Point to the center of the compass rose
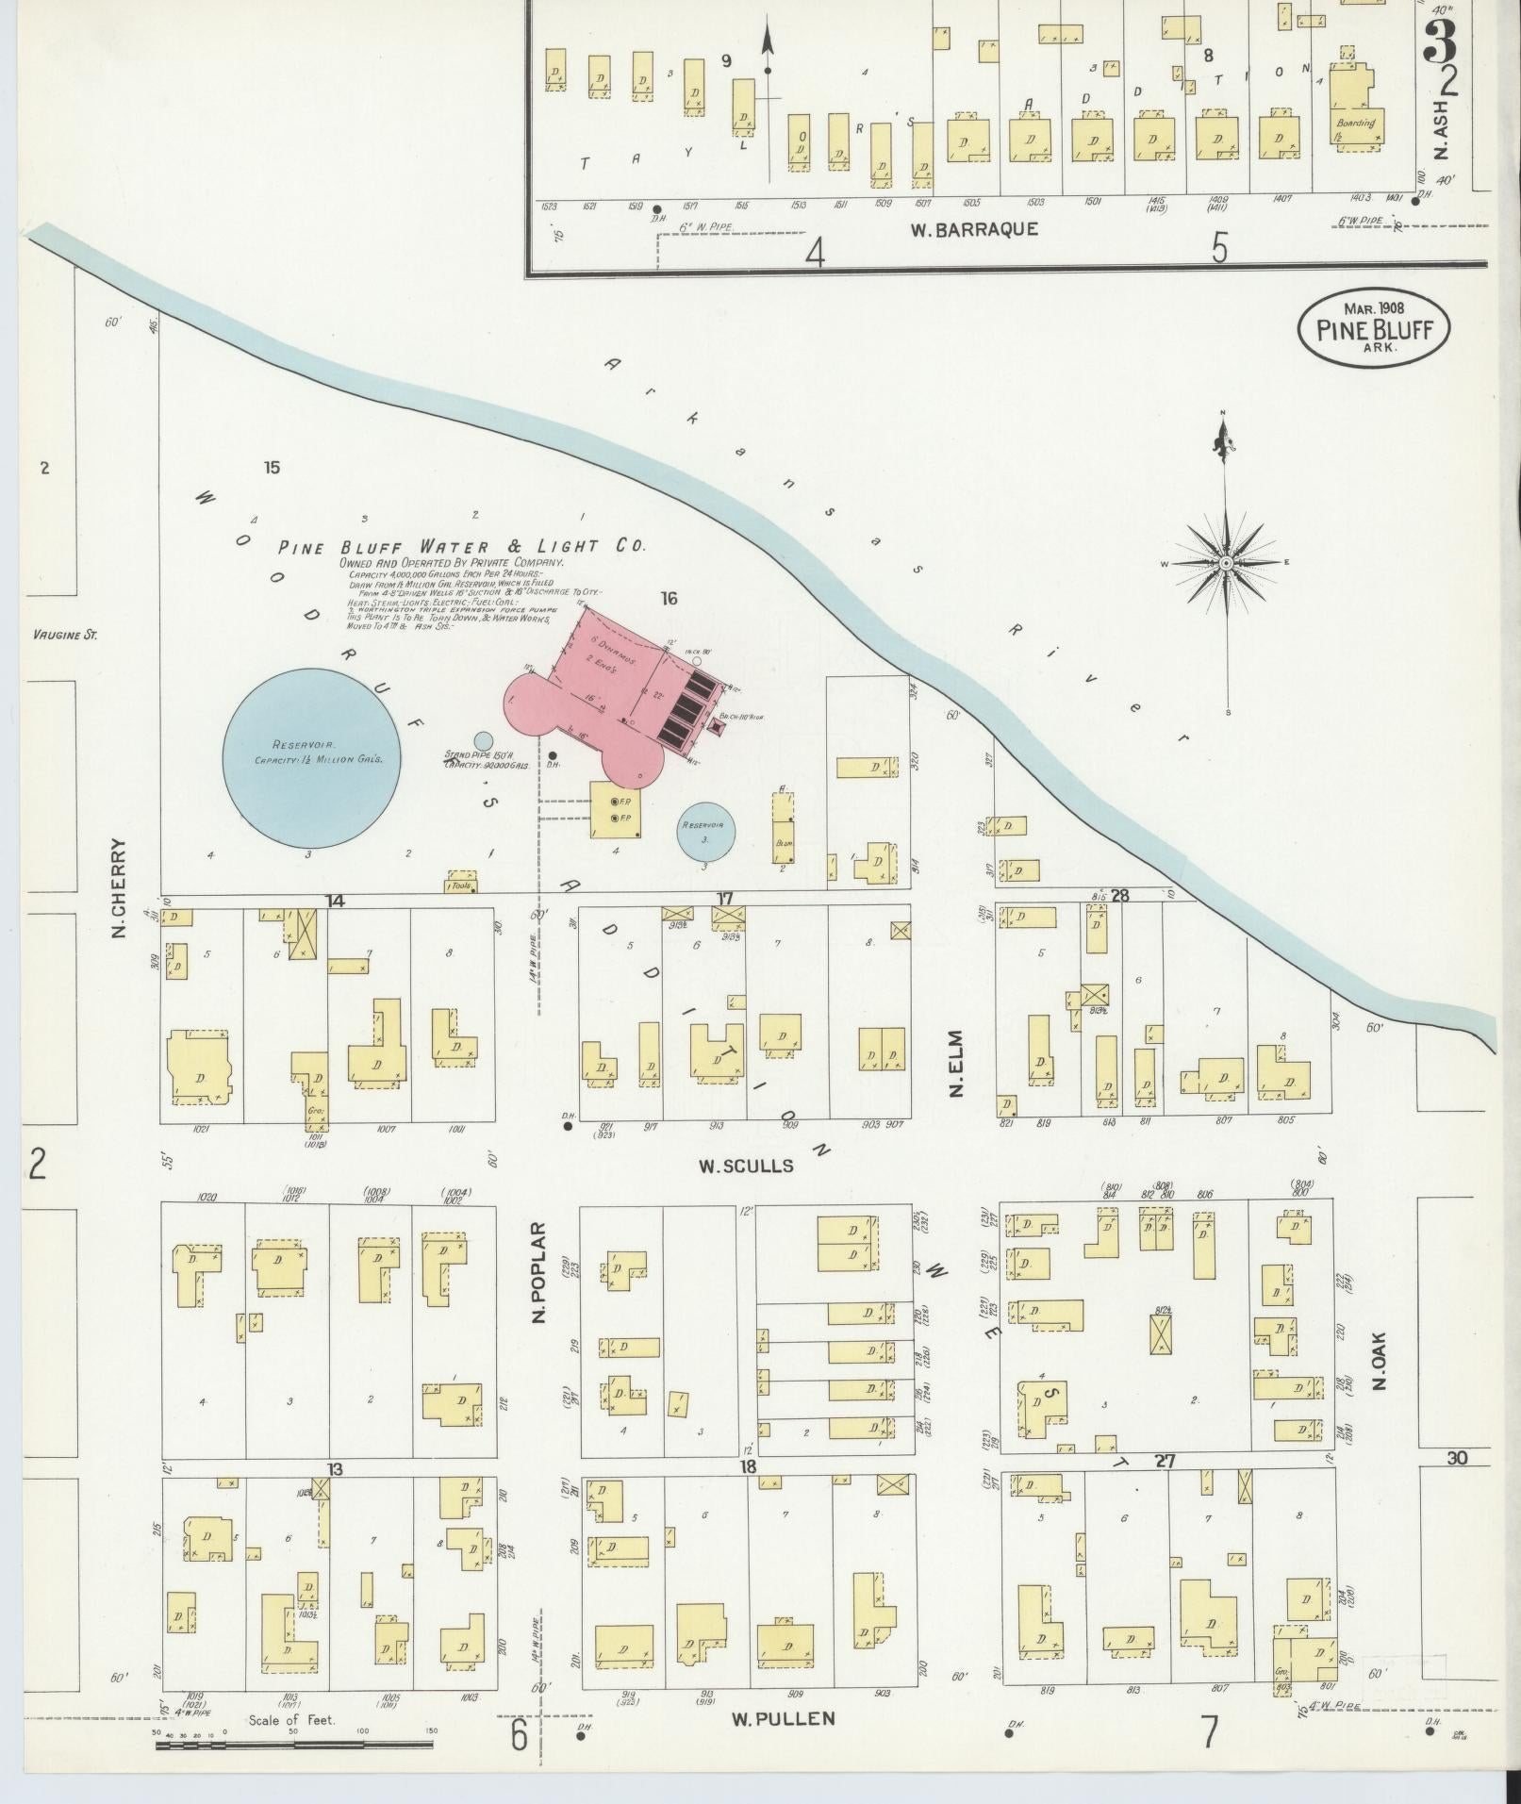(1226, 563)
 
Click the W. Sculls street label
(745, 1166)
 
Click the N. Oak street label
(1380, 1358)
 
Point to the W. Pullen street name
(783, 1718)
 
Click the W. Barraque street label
(974, 229)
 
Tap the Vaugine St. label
(64, 635)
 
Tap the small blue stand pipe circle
(483, 741)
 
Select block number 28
(1119, 895)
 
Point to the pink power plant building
(618, 698)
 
